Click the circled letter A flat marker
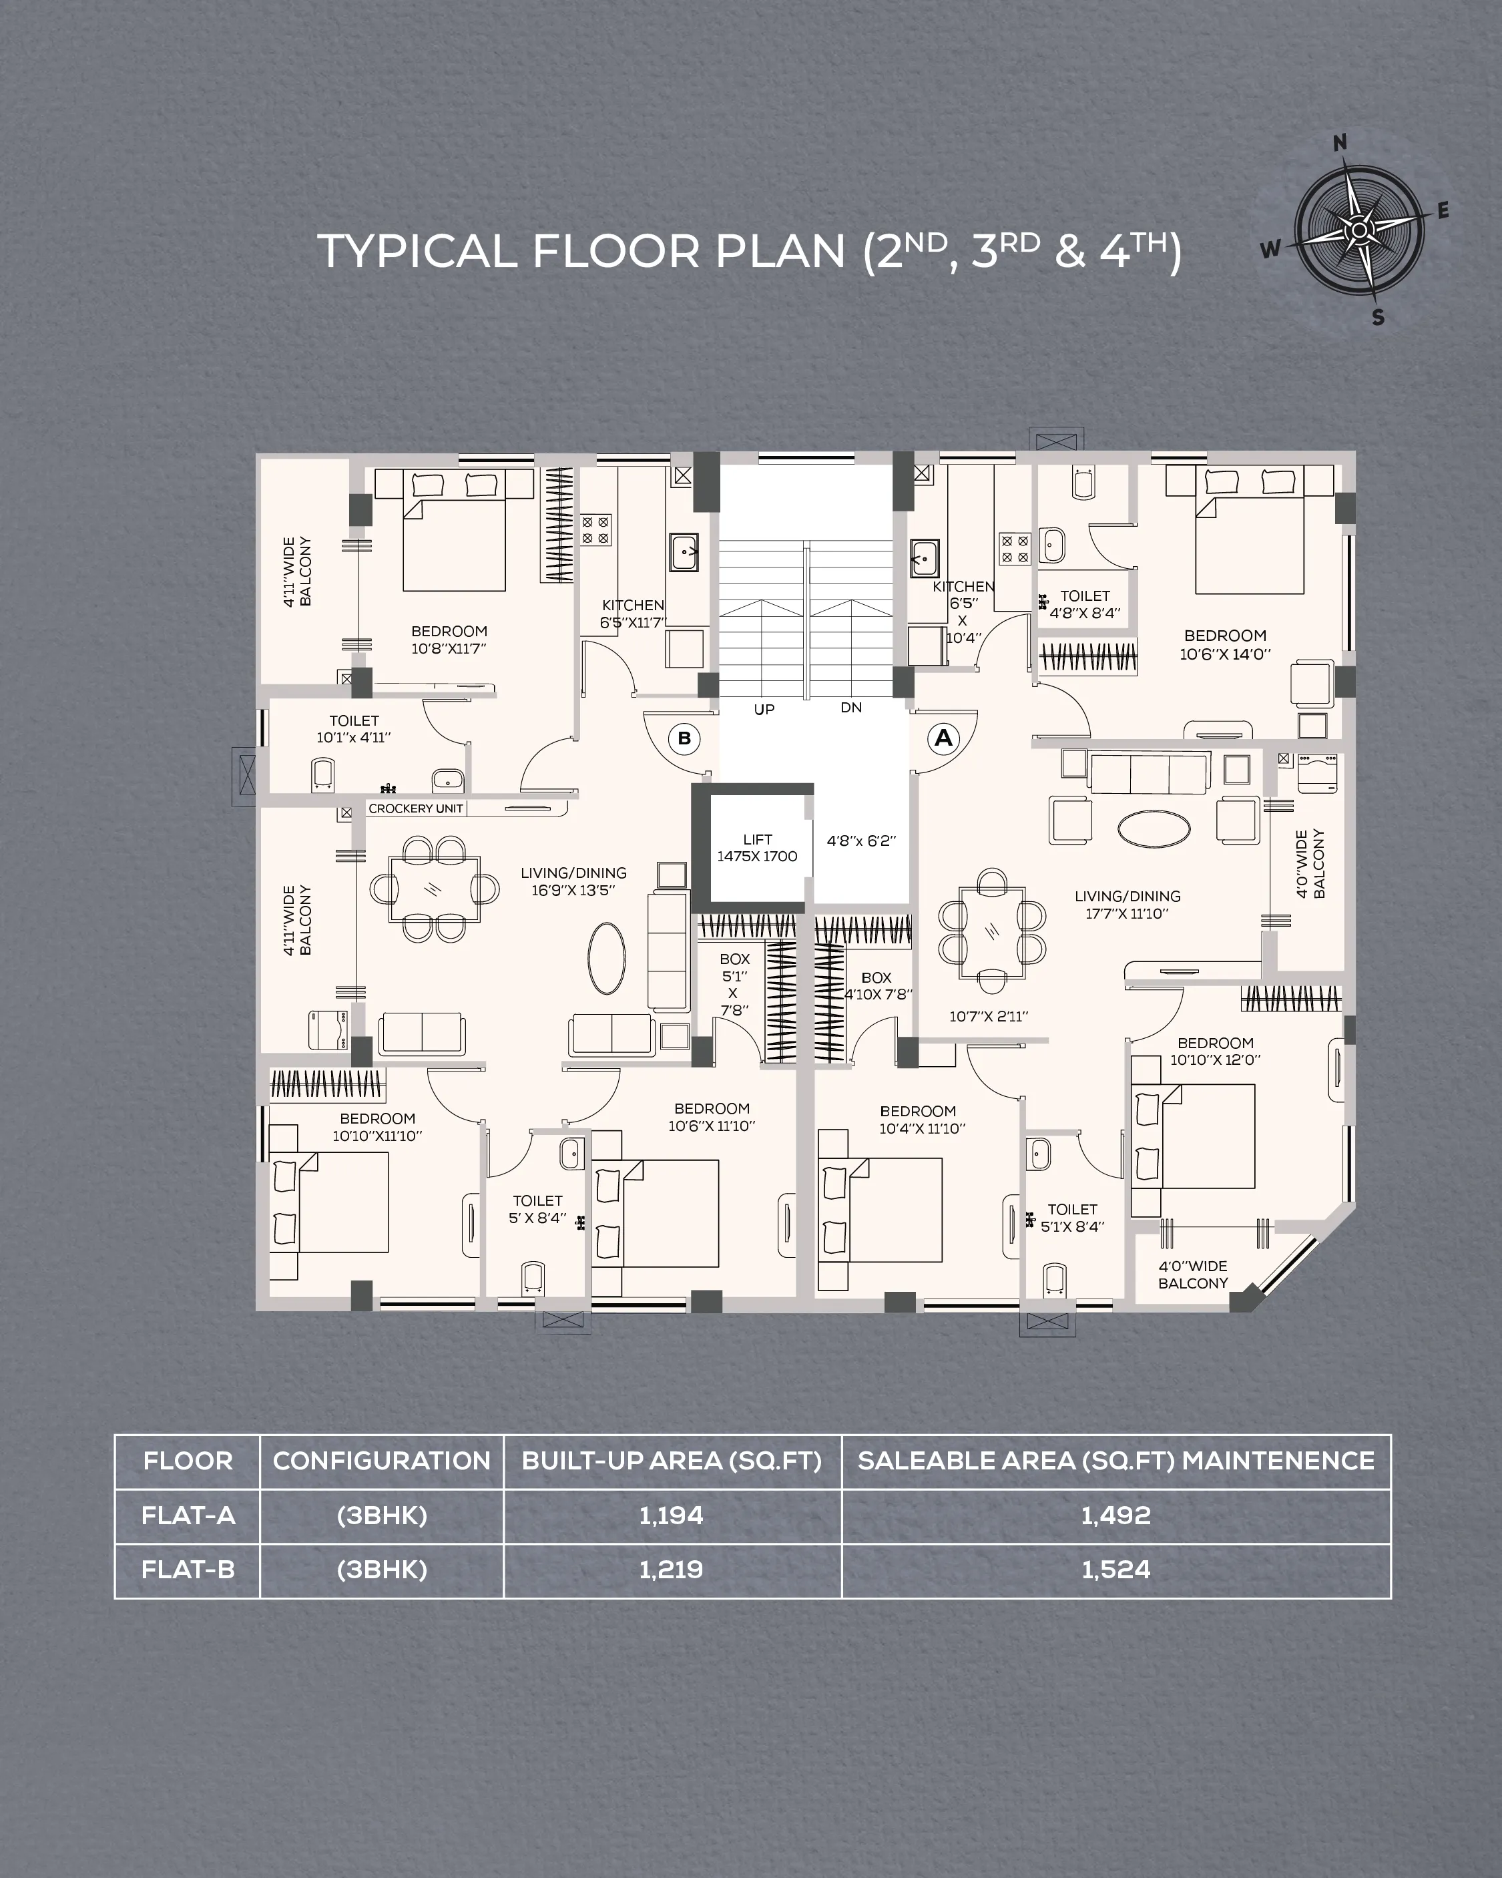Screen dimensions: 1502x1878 (x=943, y=738)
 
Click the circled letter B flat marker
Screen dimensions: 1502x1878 (x=685, y=738)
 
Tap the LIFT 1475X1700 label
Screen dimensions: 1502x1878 (x=757, y=848)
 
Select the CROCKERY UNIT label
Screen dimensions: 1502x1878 (x=416, y=808)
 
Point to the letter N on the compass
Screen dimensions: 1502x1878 (x=1341, y=143)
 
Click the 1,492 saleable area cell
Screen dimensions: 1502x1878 (x=1116, y=1515)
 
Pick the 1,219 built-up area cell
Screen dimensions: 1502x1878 (x=671, y=1570)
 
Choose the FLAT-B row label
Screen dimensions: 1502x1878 (x=188, y=1570)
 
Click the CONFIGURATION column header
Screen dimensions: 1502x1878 (x=382, y=1461)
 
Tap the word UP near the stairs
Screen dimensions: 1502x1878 (x=764, y=710)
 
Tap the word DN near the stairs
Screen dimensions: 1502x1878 (x=851, y=707)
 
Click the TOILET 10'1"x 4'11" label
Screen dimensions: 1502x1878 (x=354, y=729)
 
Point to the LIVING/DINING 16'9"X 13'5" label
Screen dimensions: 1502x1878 (x=573, y=881)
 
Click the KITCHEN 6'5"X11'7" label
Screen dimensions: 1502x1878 (x=633, y=614)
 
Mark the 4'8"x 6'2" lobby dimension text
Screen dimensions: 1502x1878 (x=860, y=841)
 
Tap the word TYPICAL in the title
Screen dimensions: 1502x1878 (x=417, y=252)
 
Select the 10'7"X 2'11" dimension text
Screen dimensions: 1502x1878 (x=989, y=1015)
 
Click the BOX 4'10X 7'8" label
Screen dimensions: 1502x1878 (x=877, y=986)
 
